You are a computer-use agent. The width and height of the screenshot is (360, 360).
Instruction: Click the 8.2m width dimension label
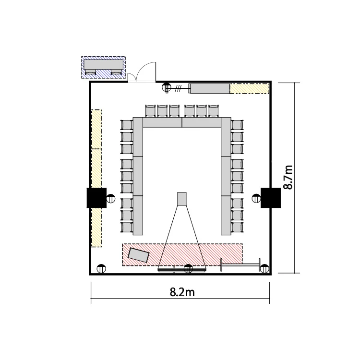coord(182,292)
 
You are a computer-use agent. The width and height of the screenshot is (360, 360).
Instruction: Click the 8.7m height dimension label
coord(288,177)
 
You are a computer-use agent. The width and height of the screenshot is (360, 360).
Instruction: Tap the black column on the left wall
coord(96,198)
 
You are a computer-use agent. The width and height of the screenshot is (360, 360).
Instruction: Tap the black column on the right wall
coord(271,198)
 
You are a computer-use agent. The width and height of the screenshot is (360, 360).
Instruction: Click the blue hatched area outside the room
coord(104,67)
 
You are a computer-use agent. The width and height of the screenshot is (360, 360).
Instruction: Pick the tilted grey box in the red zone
coord(138,255)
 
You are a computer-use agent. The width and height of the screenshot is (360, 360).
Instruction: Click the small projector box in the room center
coord(182,199)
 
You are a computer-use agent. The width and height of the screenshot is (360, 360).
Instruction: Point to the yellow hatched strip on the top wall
coord(249,88)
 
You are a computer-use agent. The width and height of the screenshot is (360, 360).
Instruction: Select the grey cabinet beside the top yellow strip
coord(209,89)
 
